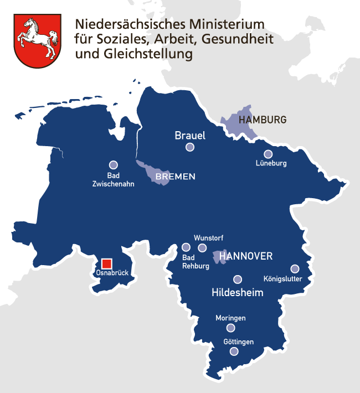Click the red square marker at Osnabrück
click(107, 263)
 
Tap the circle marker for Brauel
click(190, 147)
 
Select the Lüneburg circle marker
click(268, 154)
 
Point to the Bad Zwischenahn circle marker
click(114, 164)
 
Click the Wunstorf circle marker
click(202, 247)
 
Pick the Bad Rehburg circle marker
click(186, 247)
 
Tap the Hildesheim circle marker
click(238, 280)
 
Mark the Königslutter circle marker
click(295, 268)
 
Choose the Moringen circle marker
click(230, 328)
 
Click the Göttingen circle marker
click(234, 351)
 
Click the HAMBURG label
click(262, 120)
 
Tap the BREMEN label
click(176, 177)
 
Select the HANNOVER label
click(246, 256)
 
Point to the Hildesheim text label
click(238, 292)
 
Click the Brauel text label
click(190, 135)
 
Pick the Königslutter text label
click(282, 279)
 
